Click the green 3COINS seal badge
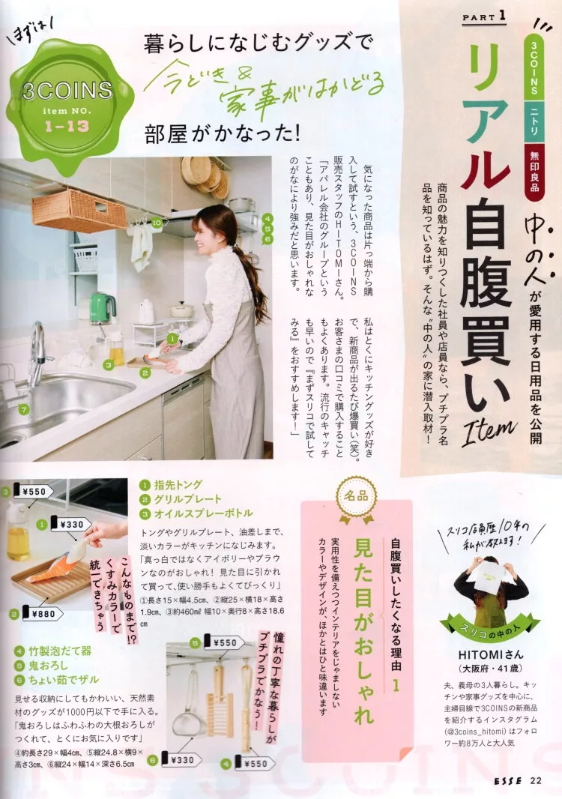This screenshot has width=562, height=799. coord(69,97)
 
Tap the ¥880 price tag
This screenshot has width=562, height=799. coord(42,614)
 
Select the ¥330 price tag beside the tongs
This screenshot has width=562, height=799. coord(70,524)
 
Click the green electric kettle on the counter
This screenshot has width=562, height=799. coord(102,308)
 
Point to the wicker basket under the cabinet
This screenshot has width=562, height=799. coord(79,210)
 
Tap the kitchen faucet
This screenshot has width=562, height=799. coord(38,352)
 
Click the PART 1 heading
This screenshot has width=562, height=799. coord(484,16)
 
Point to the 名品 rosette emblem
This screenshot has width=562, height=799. coord(356,498)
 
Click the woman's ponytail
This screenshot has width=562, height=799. coord(255,278)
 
